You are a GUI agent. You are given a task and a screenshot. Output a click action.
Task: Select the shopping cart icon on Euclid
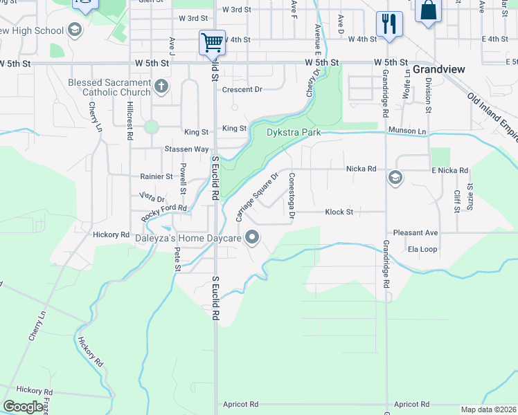(x=212, y=42)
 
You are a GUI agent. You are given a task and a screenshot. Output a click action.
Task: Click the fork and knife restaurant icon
(x=389, y=24)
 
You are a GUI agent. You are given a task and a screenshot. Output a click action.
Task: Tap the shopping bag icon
(x=429, y=11)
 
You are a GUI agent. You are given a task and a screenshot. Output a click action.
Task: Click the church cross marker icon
(x=161, y=86)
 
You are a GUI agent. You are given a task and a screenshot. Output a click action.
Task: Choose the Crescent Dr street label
(x=242, y=89)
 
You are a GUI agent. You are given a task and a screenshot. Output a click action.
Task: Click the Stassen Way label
(x=186, y=149)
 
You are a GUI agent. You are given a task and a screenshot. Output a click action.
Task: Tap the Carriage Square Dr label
(x=257, y=196)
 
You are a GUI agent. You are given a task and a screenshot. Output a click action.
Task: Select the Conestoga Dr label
(x=292, y=196)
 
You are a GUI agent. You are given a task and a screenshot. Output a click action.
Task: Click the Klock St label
(x=339, y=212)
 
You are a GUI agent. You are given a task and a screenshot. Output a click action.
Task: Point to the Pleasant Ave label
(x=416, y=233)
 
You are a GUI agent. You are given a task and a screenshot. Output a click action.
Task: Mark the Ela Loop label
(x=422, y=249)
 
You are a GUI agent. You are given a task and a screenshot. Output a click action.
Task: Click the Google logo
(x=23, y=407)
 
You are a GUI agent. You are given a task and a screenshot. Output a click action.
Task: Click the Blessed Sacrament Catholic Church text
(x=109, y=87)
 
